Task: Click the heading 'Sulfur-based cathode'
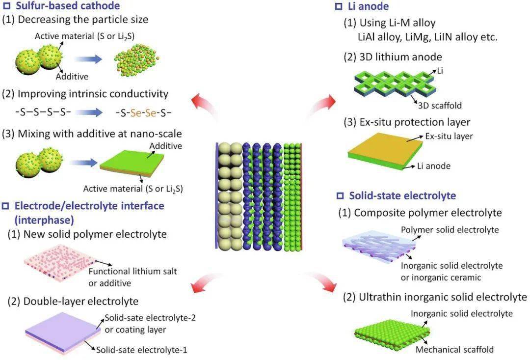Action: tap(68, 5)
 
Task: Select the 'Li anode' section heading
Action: tap(368, 6)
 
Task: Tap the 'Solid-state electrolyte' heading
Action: tap(402, 195)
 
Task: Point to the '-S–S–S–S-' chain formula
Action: tap(43, 112)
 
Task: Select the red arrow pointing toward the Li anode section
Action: tap(322, 106)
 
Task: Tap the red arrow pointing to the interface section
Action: tap(205, 281)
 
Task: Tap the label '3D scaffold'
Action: tap(440, 106)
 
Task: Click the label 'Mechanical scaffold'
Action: tap(454, 350)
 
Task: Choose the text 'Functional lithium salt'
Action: tap(133, 272)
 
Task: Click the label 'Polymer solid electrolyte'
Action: tap(450, 230)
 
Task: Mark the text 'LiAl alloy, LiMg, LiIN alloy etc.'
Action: tap(427, 36)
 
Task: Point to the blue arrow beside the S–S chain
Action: tap(88, 112)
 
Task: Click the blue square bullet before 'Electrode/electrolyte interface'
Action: tap(5, 206)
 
